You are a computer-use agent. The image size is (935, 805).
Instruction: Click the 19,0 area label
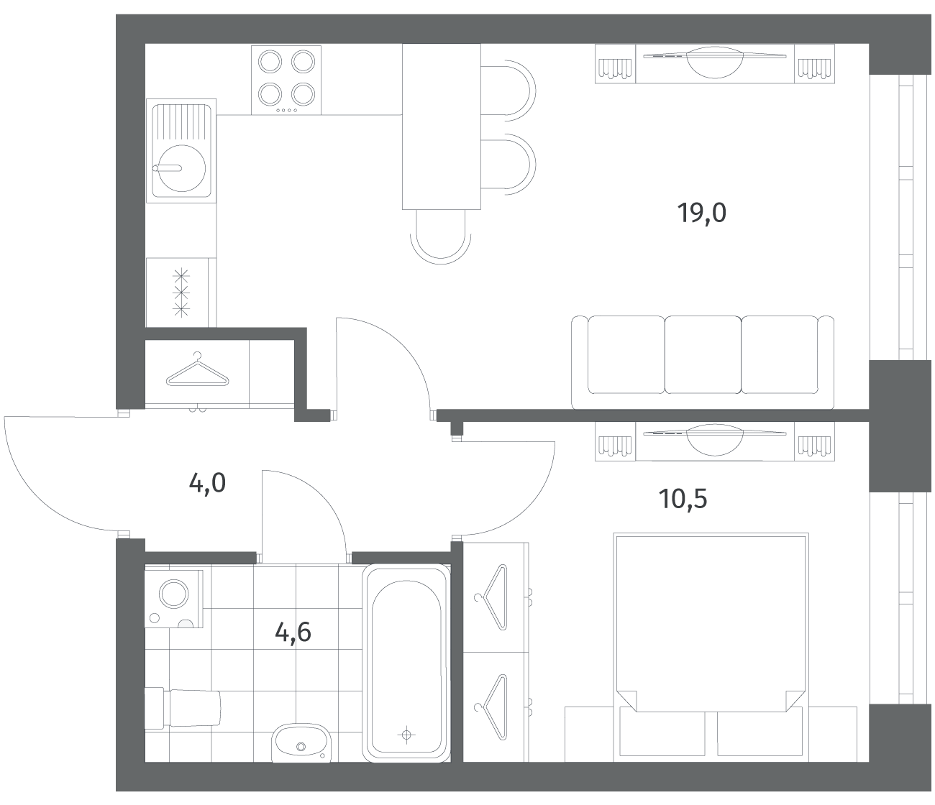pyautogui.click(x=701, y=213)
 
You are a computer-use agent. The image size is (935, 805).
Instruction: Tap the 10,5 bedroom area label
pyautogui.click(x=683, y=500)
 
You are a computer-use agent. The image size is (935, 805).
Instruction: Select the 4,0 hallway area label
pyautogui.click(x=207, y=484)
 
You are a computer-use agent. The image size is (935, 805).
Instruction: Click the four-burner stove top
pyautogui.click(x=286, y=80)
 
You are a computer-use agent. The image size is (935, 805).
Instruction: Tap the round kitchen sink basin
pyautogui.click(x=181, y=169)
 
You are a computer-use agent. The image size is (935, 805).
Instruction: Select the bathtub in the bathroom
pyautogui.click(x=406, y=663)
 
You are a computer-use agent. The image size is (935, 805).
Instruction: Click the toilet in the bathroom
pyautogui.click(x=183, y=708)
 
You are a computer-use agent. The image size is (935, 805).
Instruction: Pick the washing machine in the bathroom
pyautogui.click(x=174, y=599)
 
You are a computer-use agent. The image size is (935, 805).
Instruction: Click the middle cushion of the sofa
pyautogui.click(x=703, y=354)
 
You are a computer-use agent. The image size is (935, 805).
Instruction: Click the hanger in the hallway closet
pyautogui.click(x=198, y=369)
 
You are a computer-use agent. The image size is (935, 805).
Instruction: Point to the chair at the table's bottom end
pyautogui.click(x=441, y=237)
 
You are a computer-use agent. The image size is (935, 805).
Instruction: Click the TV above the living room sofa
pyautogui.click(x=715, y=62)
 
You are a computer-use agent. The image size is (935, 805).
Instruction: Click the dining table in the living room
pyautogui.click(x=442, y=126)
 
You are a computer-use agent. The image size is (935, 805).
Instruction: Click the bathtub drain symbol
pyautogui.click(x=406, y=735)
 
